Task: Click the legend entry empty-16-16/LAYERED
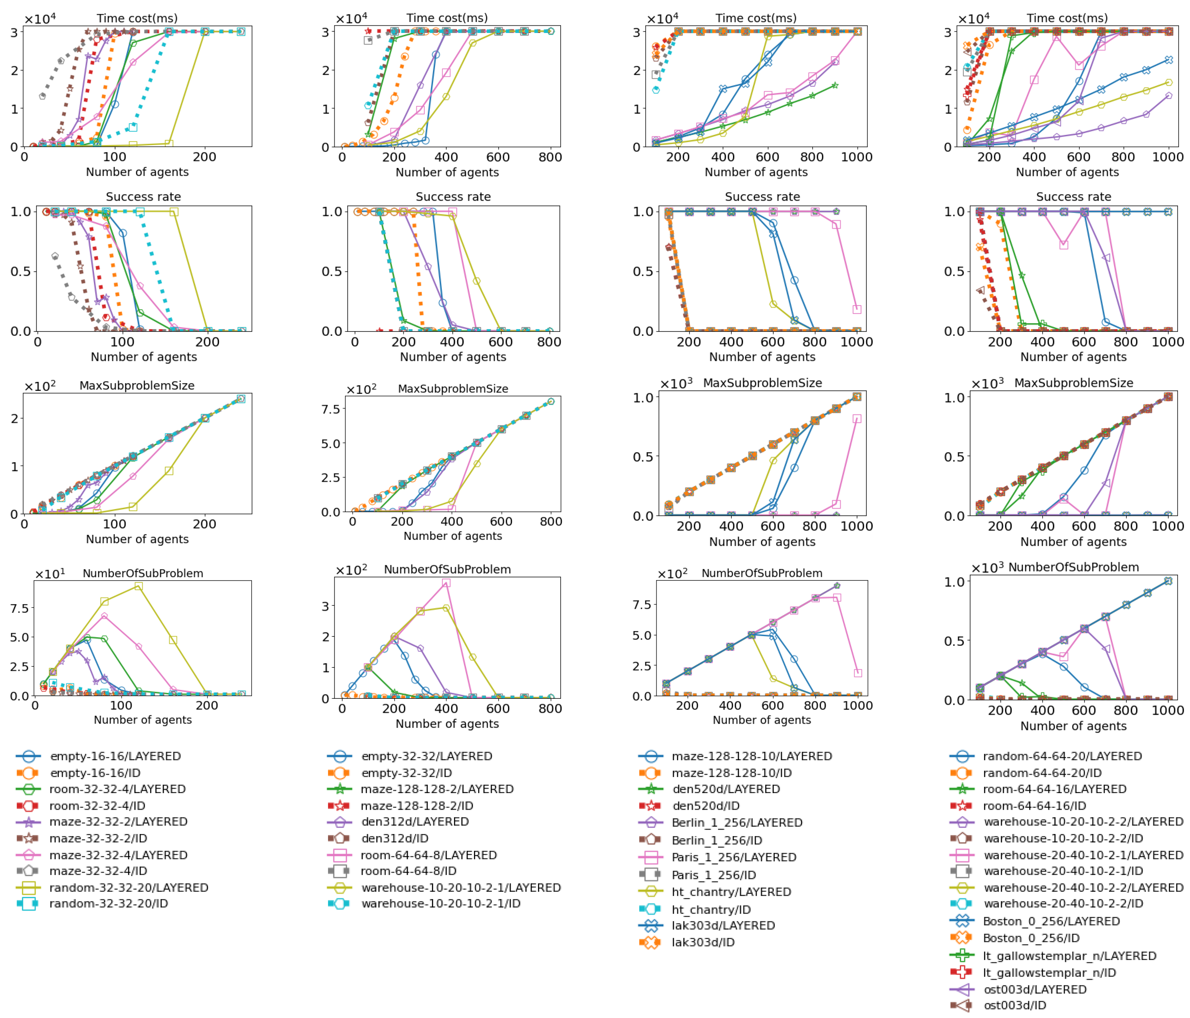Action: pyautogui.click(x=115, y=756)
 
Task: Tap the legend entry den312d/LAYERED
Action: pyautogui.click(x=415, y=822)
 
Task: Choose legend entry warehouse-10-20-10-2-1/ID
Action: pyautogui.click(x=441, y=904)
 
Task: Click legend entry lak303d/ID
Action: pyautogui.click(x=703, y=942)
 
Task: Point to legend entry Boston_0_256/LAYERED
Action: pyautogui.click(x=1051, y=922)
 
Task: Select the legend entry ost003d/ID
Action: pyautogui.click(x=1015, y=1005)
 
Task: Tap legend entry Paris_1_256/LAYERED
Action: pyautogui.click(x=733, y=857)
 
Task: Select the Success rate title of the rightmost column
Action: pyautogui.click(x=1073, y=197)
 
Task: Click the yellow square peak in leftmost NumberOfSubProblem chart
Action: pyautogui.click(x=138, y=586)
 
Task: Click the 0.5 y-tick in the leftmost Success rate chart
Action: pyautogui.click(x=21, y=272)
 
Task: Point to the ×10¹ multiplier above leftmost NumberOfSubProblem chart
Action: pyautogui.click(x=50, y=574)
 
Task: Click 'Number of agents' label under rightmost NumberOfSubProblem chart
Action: pyautogui.click(x=1073, y=726)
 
